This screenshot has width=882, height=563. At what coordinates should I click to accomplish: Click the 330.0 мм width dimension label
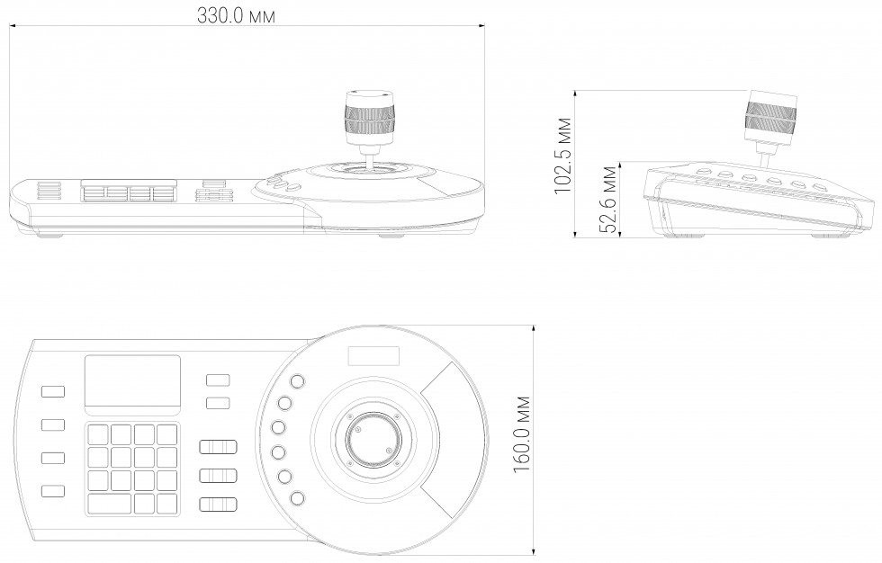[x=236, y=15]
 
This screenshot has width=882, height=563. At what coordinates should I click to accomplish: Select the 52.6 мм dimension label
[x=607, y=199]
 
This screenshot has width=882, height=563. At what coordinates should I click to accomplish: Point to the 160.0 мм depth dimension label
[x=522, y=434]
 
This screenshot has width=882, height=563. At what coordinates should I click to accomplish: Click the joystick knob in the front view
[x=369, y=118]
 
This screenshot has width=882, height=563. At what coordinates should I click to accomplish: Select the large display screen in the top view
[x=133, y=385]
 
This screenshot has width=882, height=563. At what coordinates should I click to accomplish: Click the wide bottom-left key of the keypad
[x=110, y=504]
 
